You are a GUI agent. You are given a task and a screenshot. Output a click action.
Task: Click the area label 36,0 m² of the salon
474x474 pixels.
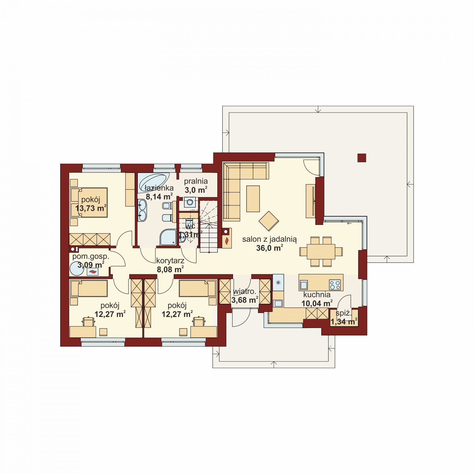point(270,248)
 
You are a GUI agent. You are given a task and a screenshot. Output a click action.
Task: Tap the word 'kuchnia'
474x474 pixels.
point(317,295)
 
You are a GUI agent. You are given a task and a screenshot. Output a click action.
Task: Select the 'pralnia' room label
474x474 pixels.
point(196,181)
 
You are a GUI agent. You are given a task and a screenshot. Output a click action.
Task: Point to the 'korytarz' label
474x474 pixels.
point(170,261)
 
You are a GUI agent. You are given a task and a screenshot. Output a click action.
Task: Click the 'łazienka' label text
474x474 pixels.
point(159,188)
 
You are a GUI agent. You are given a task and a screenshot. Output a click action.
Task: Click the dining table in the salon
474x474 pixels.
point(321,252)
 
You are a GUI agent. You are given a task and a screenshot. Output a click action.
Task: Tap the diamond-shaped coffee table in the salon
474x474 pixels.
point(269,221)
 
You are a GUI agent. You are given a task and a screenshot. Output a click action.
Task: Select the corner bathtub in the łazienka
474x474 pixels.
point(153,182)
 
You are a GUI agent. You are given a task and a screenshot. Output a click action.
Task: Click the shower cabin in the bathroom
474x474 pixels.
point(168,237)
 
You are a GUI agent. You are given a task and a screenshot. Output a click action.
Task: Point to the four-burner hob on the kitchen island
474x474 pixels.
point(335,284)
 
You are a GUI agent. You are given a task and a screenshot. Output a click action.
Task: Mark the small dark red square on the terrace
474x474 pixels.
point(362,158)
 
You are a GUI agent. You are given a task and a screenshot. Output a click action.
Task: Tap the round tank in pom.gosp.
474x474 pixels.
point(77,268)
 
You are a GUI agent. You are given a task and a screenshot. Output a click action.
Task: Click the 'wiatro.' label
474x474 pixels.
point(244,291)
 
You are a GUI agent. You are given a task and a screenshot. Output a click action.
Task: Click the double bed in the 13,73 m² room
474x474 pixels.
point(89,203)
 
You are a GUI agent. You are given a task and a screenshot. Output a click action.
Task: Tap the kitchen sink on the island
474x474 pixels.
point(304,285)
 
